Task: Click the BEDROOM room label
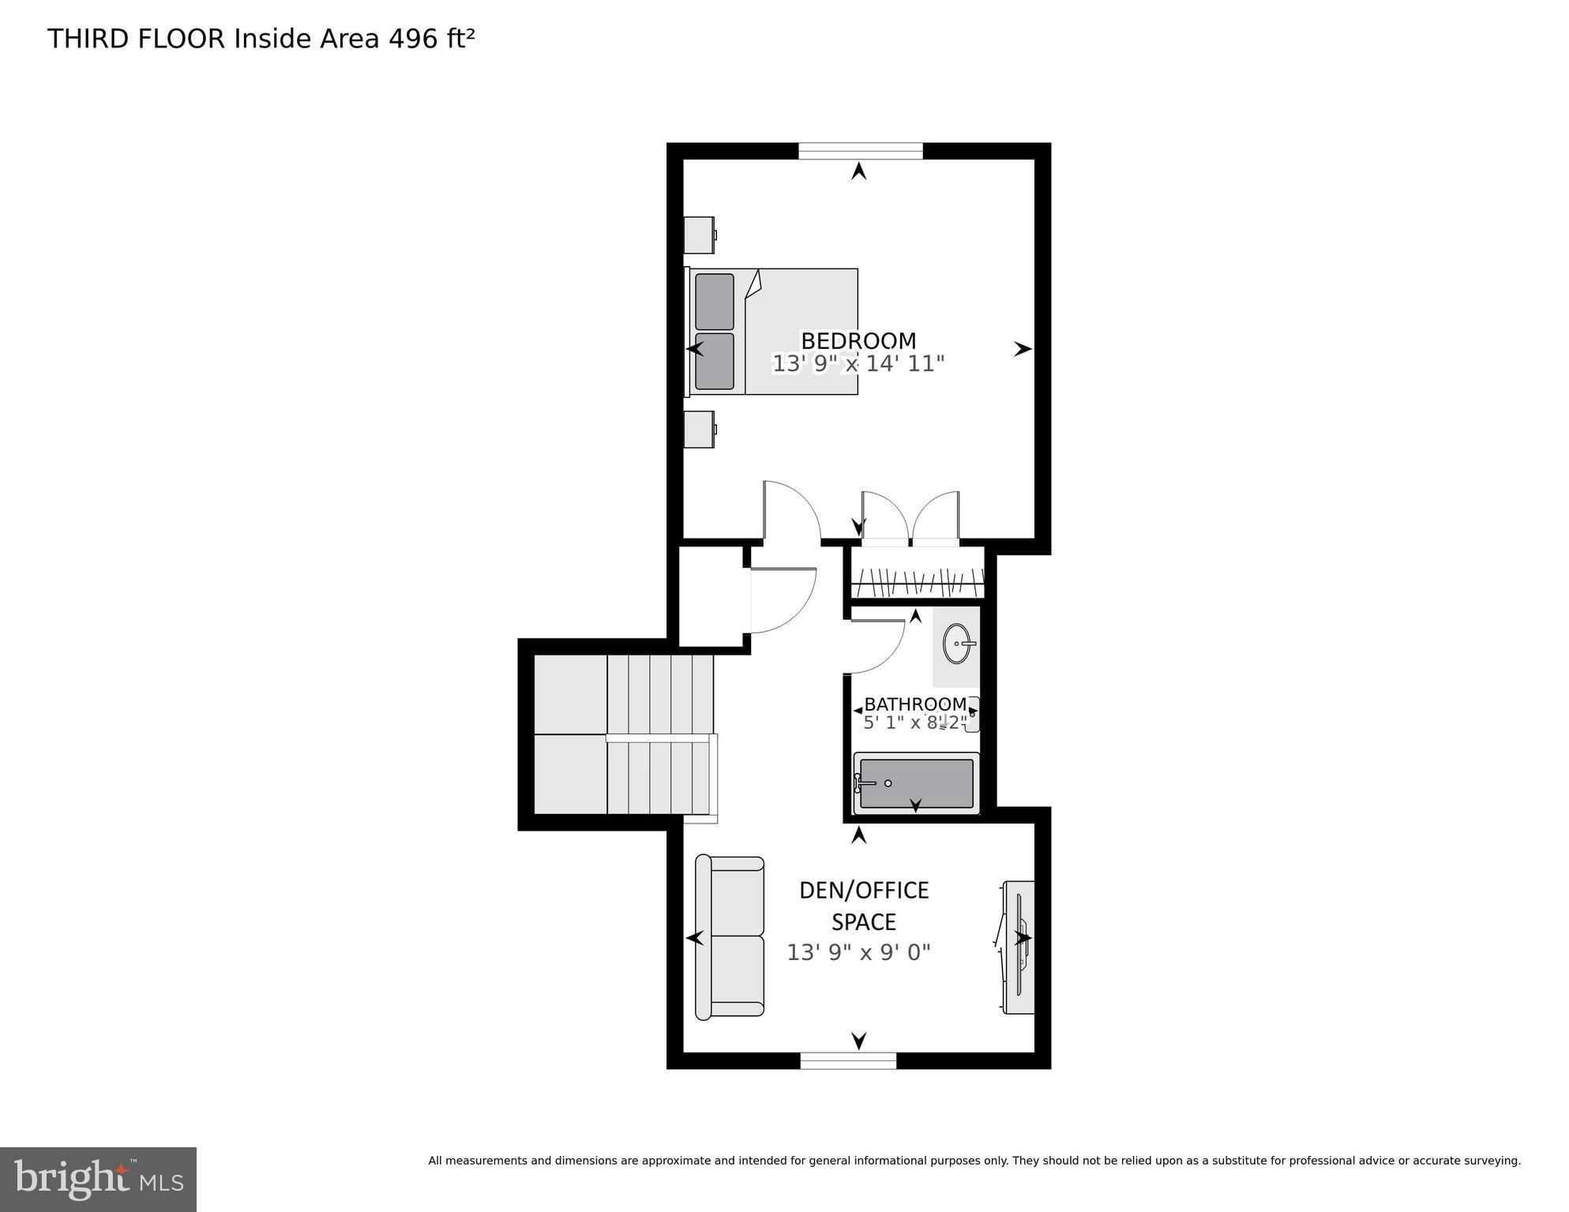[858, 340]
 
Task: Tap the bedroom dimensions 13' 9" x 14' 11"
[858, 364]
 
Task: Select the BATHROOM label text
[914, 704]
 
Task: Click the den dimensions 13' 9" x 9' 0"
[858, 952]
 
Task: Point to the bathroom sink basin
[958, 644]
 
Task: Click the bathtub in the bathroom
[916, 783]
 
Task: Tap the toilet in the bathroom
[972, 714]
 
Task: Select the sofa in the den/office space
[730, 936]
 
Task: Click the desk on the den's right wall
[1019, 947]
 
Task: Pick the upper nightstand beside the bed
[699, 235]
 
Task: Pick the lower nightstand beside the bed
[699, 430]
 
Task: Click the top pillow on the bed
[714, 302]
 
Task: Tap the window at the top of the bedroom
[860, 151]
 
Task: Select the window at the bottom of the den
[848, 1060]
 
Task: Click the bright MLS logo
[98, 1179]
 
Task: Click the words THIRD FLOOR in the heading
[136, 39]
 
